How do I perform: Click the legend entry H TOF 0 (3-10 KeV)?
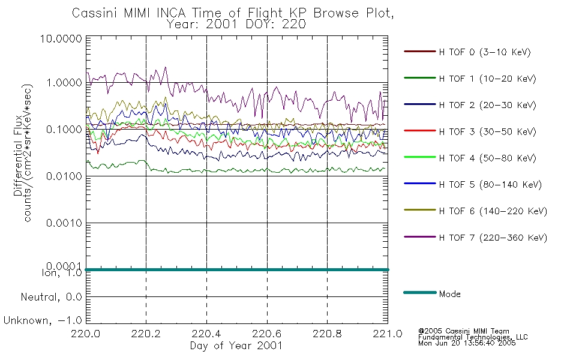tap(485, 52)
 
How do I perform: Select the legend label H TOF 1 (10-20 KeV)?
tap(487, 79)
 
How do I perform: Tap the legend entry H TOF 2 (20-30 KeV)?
tap(487, 105)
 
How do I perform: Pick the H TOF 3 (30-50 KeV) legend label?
tap(487, 131)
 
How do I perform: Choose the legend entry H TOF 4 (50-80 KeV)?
tap(487, 158)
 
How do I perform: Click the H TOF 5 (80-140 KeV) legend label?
tap(490, 185)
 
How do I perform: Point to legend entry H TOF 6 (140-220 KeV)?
tap(493, 211)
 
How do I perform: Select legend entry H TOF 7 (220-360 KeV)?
tap(493, 238)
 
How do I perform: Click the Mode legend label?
tap(449, 294)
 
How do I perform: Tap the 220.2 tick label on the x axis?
tap(146, 334)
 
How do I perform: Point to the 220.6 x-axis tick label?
tap(267, 334)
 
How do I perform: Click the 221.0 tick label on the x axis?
tap(388, 334)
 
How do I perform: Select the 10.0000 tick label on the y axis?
tap(61, 38)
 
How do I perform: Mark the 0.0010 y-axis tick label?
tap(64, 223)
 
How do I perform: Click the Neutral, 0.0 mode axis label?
tap(51, 298)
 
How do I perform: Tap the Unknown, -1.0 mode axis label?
tap(43, 321)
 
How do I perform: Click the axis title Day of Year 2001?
tap(236, 346)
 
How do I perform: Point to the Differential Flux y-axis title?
tap(18, 155)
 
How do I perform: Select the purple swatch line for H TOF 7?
tap(420, 237)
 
